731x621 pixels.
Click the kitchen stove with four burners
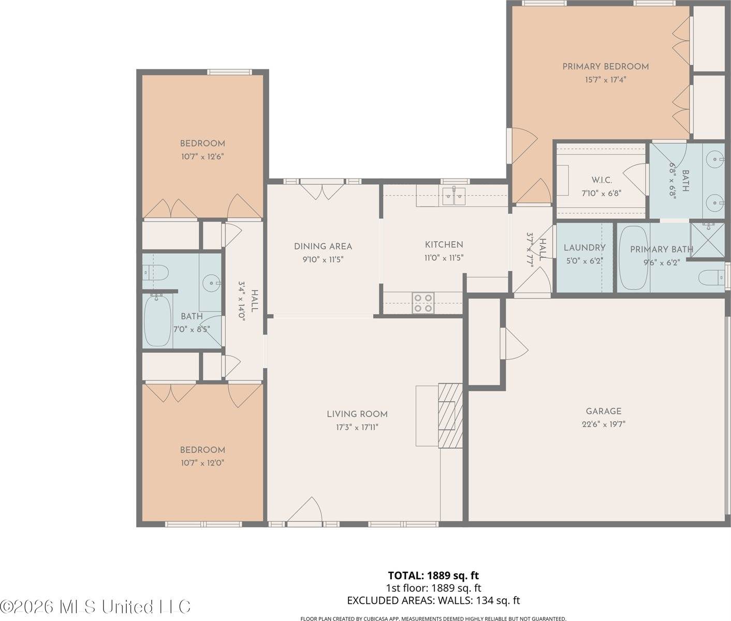point(422,302)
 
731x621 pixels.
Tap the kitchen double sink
point(454,196)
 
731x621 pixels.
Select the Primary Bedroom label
point(605,66)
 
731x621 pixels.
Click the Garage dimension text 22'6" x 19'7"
point(603,424)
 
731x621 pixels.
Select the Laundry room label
point(584,248)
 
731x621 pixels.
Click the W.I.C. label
point(602,180)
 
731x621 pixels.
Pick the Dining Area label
point(323,246)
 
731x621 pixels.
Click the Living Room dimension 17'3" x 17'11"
point(357,427)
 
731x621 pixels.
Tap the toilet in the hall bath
point(156,271)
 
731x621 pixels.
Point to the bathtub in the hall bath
point(157,321)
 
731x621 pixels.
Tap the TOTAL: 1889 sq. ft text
point(433,575)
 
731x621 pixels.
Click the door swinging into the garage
point(514,344)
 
